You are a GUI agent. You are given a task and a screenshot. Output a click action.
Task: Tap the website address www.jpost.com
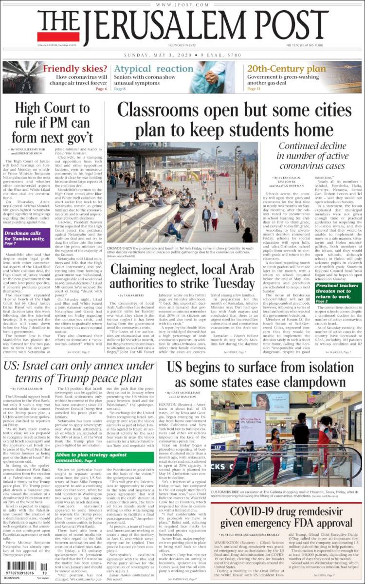click(182, 4)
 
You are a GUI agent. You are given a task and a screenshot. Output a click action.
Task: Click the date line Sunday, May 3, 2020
click(182, 55)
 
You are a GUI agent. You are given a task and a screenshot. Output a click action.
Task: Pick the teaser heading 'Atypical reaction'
click(153, 69)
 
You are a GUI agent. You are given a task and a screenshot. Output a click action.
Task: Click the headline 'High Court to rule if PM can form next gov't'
click(54, 122)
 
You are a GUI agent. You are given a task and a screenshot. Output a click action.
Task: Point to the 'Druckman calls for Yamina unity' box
click(31, 239)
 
